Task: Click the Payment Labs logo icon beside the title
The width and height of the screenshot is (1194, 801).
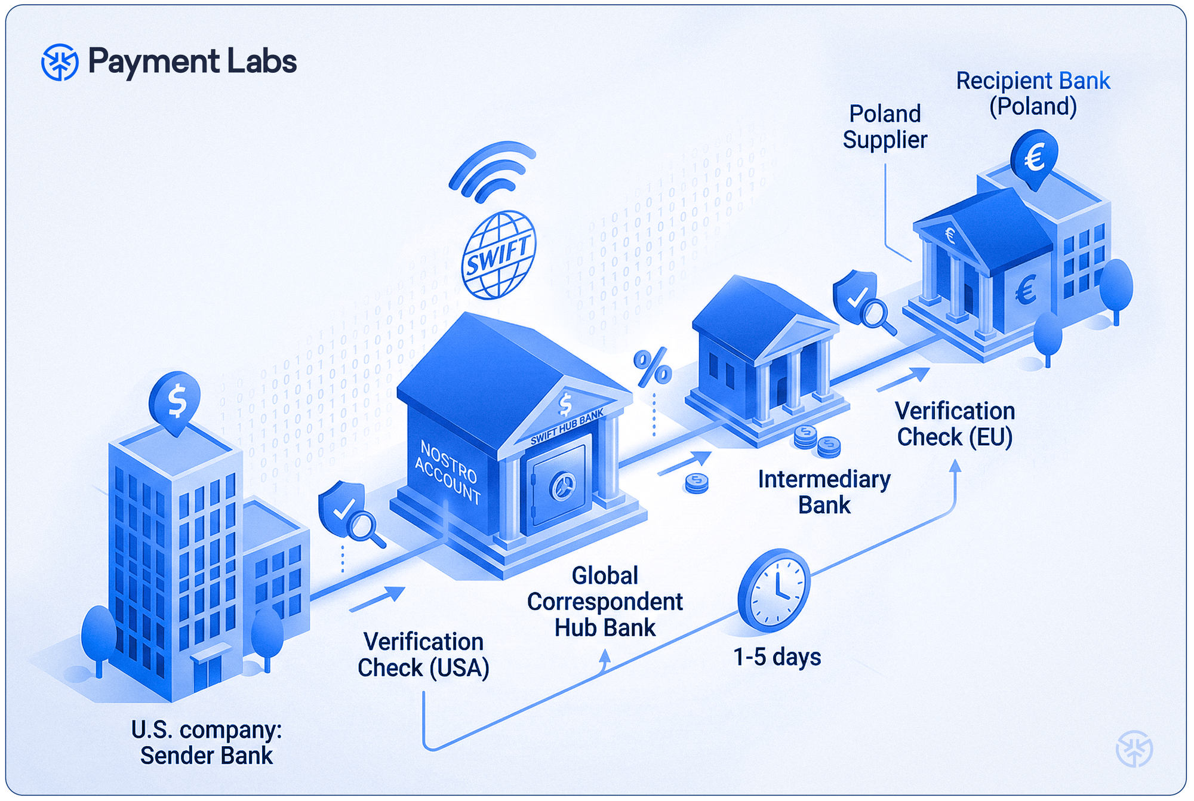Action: point(60,62)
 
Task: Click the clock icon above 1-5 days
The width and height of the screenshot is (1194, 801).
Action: point(774,591)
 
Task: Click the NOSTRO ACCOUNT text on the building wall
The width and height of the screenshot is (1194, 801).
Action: point(448,472)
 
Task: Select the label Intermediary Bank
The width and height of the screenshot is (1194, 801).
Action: point(824,492)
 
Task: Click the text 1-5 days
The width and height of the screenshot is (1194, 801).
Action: point(777,657)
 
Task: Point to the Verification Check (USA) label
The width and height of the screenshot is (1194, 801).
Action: point(423,655)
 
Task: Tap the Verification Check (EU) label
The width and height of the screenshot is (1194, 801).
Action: point(955,424)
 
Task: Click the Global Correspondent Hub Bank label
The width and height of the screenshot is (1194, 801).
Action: point(605,602)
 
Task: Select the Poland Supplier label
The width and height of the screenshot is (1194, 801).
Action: point(885,127)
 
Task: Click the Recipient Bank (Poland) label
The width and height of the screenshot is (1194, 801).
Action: point(1033,94)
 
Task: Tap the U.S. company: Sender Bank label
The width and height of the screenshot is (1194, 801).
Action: point(207,743)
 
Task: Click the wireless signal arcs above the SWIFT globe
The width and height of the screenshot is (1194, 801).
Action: point(492,170)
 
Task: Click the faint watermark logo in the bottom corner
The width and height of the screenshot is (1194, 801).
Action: point(1134,749)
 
